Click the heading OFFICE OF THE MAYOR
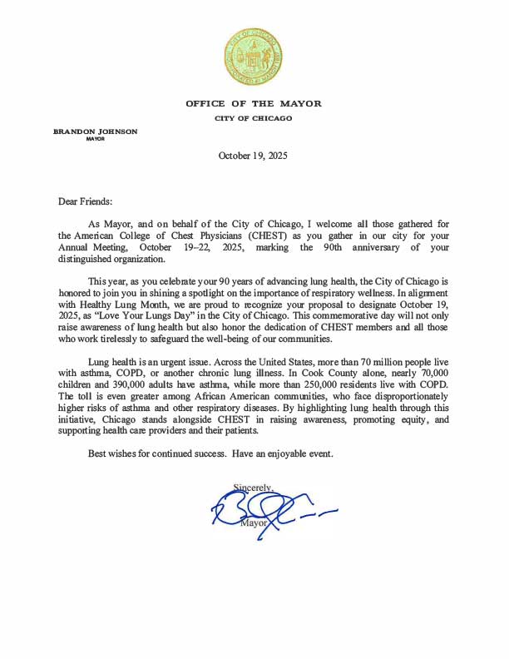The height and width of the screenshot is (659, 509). [254, 104]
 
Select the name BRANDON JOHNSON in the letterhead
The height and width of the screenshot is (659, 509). [96, 131]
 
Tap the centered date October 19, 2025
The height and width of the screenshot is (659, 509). [253, 156]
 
